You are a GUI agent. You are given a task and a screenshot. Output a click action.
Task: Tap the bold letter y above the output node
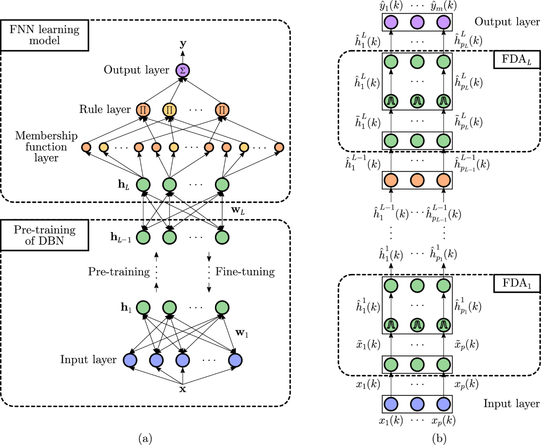183,44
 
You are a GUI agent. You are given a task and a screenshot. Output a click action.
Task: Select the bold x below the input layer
183,389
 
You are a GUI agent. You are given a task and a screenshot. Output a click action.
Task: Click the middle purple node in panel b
417,22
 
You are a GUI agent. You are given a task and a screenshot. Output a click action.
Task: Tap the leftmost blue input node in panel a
130,360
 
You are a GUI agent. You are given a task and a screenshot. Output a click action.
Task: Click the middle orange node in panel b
417,180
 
